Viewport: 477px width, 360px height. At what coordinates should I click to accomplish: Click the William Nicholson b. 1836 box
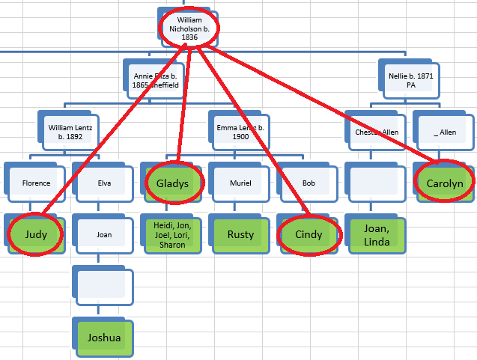tap(189, 27)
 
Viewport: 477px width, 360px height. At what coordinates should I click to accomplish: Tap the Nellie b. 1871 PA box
tap(410, 80)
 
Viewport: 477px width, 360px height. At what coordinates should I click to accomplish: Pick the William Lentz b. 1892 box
tap(70, 132)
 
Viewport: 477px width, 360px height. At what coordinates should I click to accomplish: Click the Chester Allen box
tap(376, 132)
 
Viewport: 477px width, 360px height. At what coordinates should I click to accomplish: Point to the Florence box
tap(36, 183)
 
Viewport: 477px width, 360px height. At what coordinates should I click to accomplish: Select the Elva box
tap(104, 183)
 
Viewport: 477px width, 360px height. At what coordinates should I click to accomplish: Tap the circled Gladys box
tap(172, 183)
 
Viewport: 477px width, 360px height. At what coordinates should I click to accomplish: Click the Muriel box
tap(240, 183)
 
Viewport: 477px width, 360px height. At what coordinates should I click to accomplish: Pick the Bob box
tap(309, 183)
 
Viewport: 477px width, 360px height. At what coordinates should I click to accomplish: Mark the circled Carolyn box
tap(445, 183)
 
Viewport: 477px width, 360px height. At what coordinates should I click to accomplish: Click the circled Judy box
tap(36, 234)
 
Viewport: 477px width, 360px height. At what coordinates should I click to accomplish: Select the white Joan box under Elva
tap(104, 234)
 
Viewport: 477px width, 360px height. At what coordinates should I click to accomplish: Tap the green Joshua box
tap(104, 337)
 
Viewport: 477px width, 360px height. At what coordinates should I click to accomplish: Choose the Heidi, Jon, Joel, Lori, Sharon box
tap(172, 234)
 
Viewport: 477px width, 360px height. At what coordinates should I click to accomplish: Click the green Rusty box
tap(240, 234)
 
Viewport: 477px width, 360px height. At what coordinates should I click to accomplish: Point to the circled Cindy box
tap(309, 234)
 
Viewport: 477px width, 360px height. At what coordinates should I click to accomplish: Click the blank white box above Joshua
tap(104, 286)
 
